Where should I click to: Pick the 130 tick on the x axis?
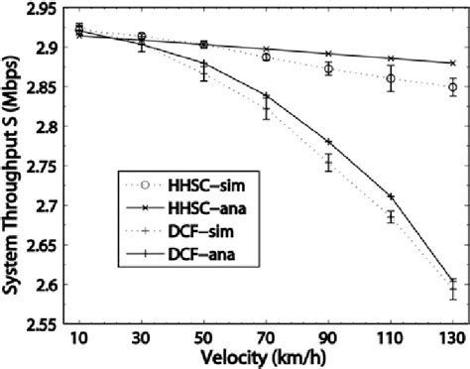point(452,339)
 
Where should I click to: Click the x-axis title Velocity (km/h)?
point(265,358)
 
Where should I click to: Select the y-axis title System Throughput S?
point(12,168)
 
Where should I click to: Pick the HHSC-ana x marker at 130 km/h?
point(453,63)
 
